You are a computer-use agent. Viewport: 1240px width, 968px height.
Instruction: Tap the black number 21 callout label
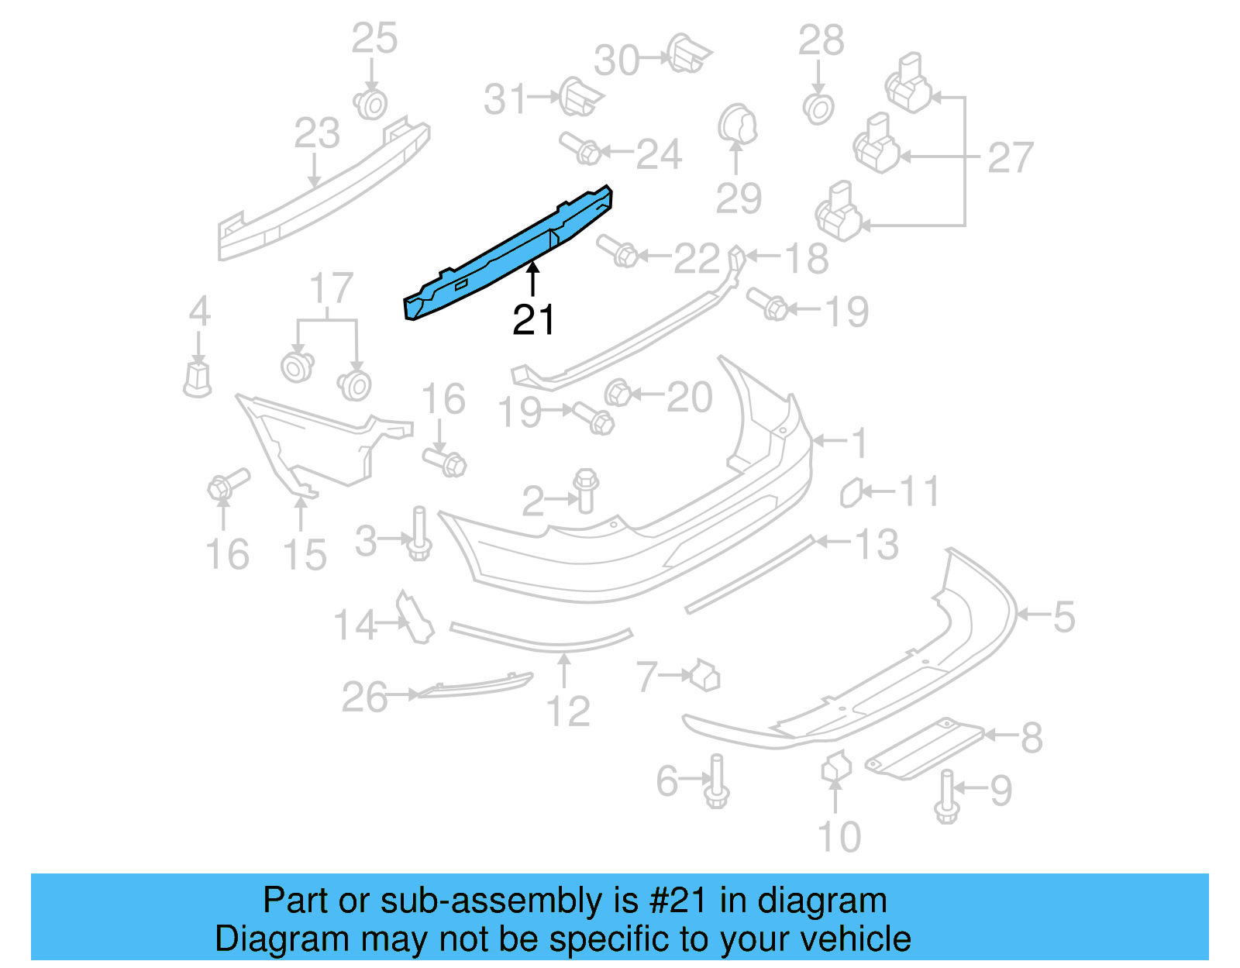(x=533, y=319)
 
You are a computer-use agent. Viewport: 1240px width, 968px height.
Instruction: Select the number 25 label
(x=374, y=39)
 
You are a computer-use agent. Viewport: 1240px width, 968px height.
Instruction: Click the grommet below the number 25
(x=371, y=104)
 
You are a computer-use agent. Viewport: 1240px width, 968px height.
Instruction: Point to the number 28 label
(x=821, y=40)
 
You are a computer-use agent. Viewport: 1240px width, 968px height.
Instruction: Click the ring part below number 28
(x=818, y=109)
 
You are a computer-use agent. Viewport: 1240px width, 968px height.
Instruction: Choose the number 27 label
(x=1010, y=158)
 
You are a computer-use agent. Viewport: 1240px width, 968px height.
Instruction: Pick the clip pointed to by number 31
(x=578, y=96)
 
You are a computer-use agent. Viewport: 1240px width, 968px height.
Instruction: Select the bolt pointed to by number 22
(x=618, y=250)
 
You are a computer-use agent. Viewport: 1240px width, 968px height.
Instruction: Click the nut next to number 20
(x=618, y=393)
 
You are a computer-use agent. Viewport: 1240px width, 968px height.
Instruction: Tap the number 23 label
(x=317, y=133)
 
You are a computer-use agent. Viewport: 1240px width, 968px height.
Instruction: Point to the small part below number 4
(x=198, y=378)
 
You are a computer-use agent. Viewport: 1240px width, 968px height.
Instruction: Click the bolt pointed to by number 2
(x=586, y=490)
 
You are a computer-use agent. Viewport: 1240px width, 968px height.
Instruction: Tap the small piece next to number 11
(x=851, y=493)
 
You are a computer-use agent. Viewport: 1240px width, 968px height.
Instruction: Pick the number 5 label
(x=1063, y=617)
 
